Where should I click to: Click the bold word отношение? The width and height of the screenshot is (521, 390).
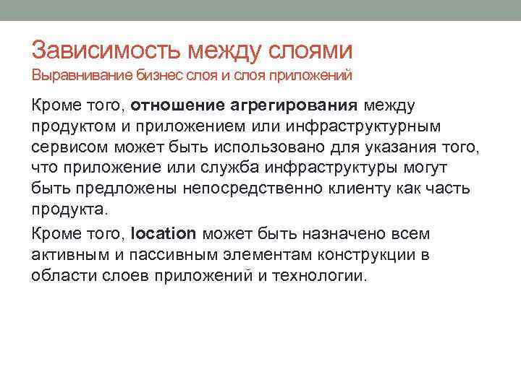(178, 106)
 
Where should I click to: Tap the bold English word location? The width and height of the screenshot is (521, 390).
(164, 233)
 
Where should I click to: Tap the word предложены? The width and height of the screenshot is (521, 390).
(101, 190)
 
